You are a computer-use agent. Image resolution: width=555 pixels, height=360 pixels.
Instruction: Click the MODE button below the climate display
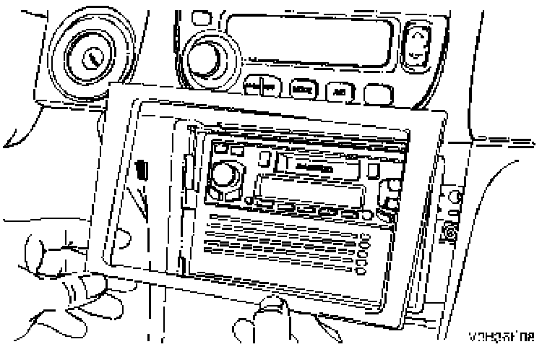(301, 90)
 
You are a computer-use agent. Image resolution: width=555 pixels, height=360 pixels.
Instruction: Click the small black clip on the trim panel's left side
(142, 171)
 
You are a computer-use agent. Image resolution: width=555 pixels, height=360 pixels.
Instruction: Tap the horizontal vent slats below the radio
(282, 246)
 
